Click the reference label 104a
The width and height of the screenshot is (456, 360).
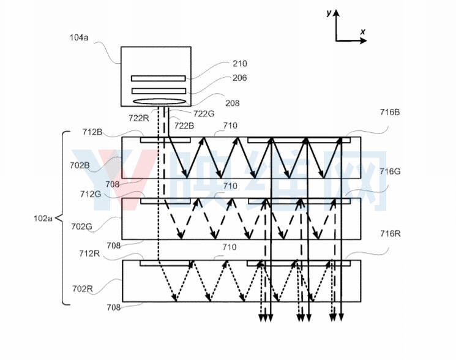79,37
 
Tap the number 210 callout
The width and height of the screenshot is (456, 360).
240,64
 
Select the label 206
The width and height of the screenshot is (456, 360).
240,78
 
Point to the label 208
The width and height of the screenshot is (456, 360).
233,103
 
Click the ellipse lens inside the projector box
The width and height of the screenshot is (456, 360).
159,102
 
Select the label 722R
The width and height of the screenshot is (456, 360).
139,118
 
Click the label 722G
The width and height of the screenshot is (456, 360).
204,114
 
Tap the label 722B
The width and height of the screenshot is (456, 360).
184,126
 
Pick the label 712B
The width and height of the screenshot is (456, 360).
92,132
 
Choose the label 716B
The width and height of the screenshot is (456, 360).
390,112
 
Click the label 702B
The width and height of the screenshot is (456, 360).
80,165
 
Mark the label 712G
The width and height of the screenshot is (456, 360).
91,194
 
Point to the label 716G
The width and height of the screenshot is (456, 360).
390,171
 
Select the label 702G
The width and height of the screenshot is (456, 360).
82,227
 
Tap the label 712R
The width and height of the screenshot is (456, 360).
89,253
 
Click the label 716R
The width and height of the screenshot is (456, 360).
391,233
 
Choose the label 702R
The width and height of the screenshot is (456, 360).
83,289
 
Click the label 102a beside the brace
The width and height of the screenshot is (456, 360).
43,218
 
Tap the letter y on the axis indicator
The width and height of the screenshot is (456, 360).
329,13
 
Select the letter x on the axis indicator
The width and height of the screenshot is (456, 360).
362,32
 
